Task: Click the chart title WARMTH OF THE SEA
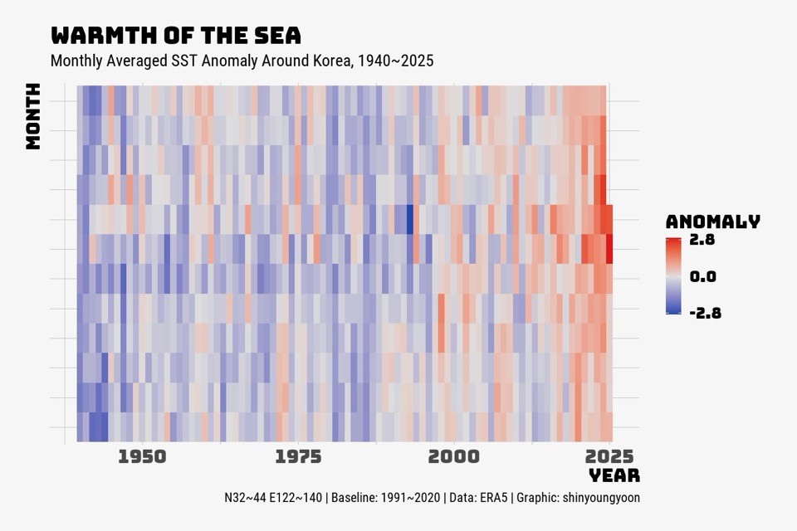tap(175, 36)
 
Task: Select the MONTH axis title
tap(33, 116)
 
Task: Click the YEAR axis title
tap(614, 475)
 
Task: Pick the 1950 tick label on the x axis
tap(142, 456)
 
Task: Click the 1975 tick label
tap(298, 456)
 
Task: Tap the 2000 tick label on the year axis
tap(454, 456)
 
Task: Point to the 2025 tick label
tap(609, 456)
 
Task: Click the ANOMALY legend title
tap(712, 222)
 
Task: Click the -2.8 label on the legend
tap(705, 313)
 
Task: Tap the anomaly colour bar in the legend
tap(673, 276)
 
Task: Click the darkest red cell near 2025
tap(609, 250)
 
